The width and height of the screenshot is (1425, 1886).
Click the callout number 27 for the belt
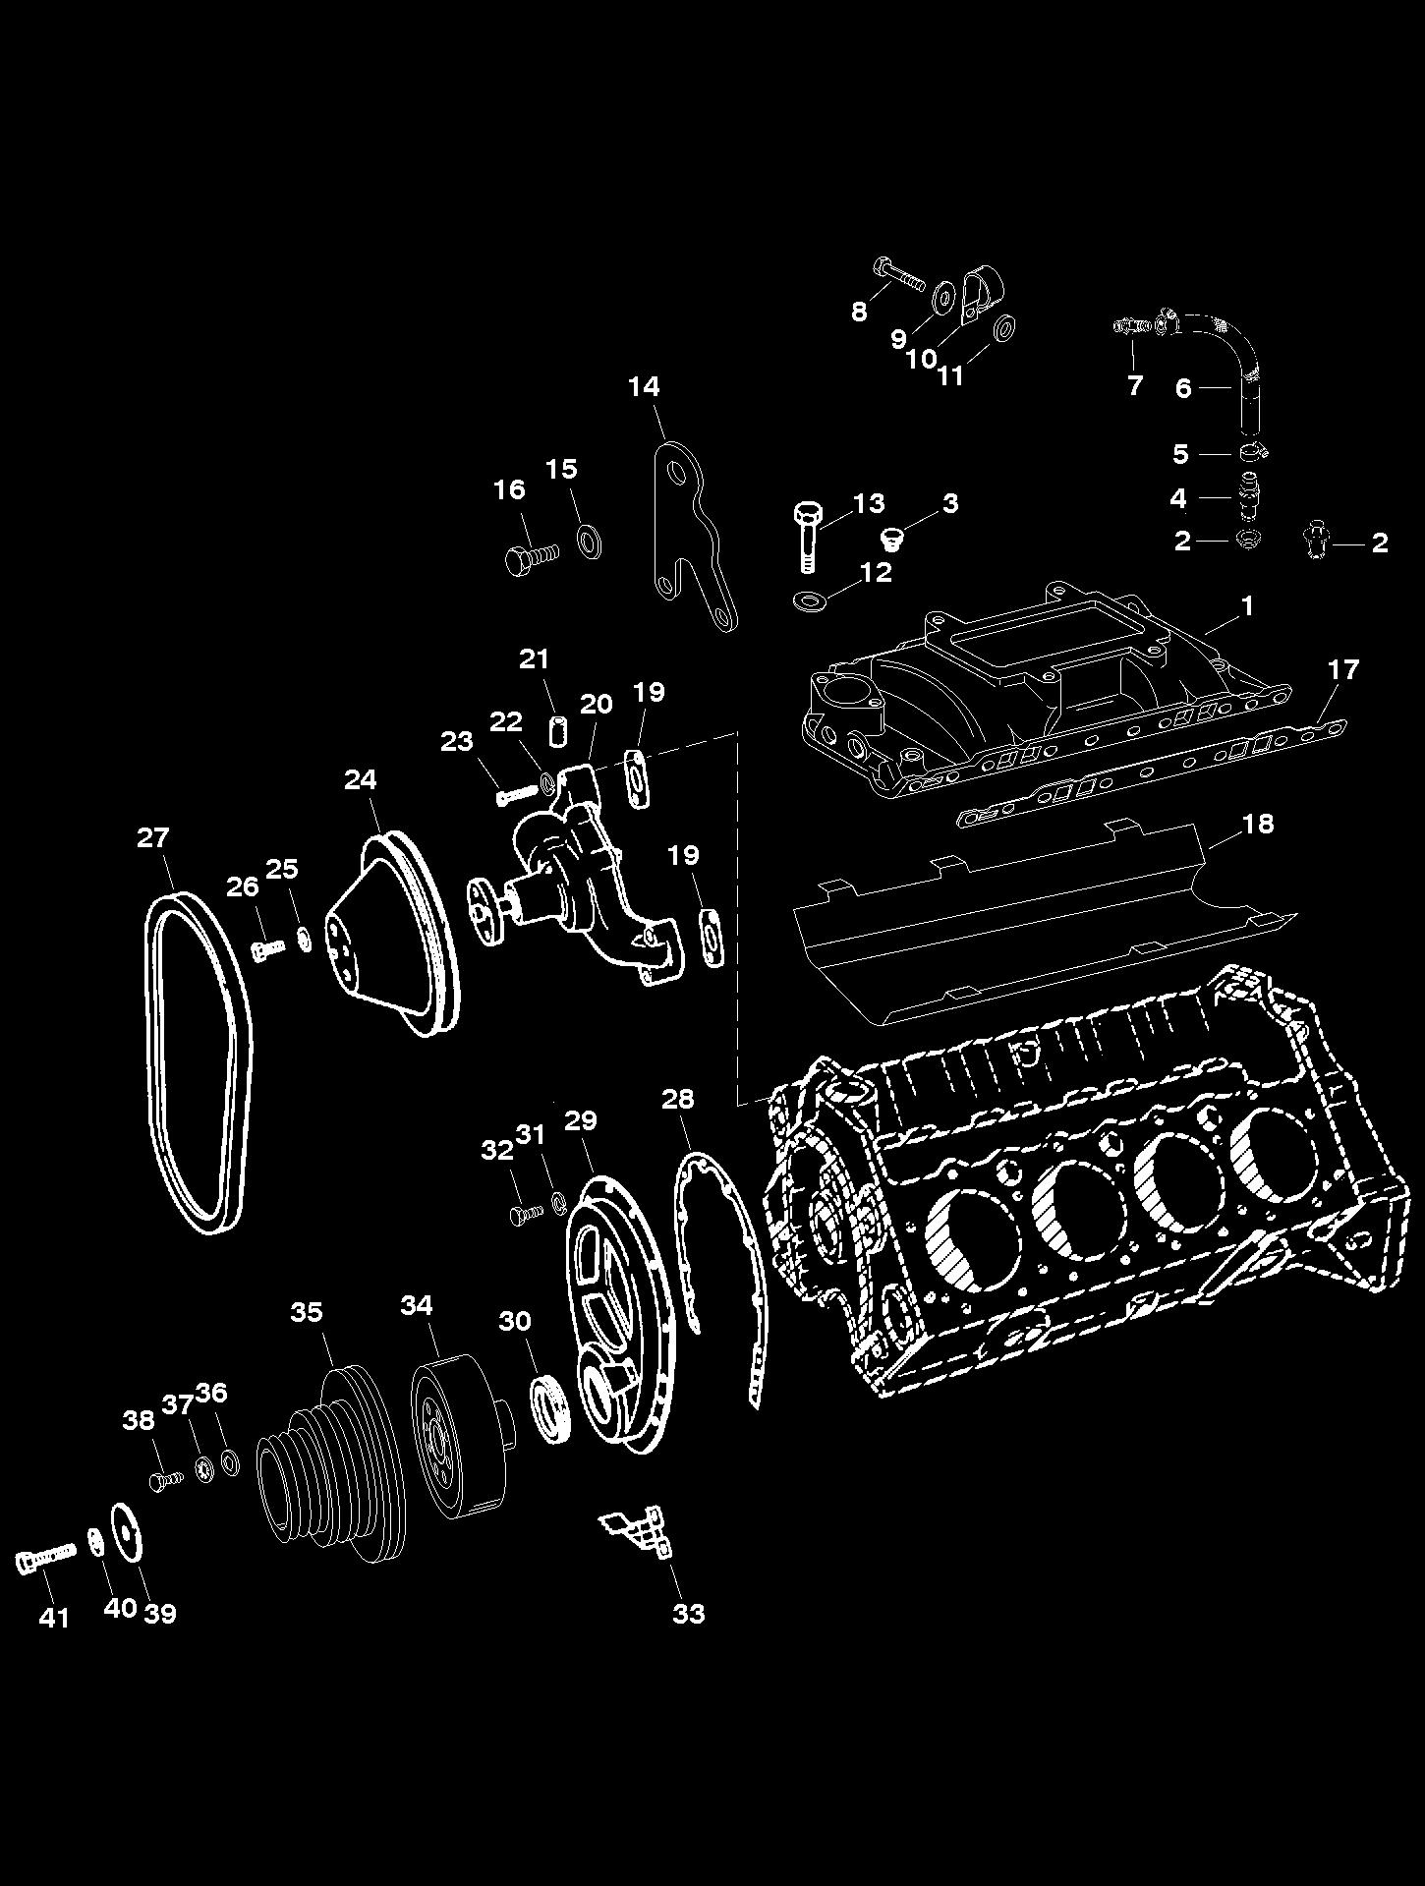(152, 837)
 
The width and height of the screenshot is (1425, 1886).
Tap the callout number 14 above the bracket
(644, 386)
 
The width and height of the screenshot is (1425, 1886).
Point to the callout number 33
(689, 1613)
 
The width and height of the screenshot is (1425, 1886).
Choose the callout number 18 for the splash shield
(1258, 823)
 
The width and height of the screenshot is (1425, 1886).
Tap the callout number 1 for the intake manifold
(1248, 605)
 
